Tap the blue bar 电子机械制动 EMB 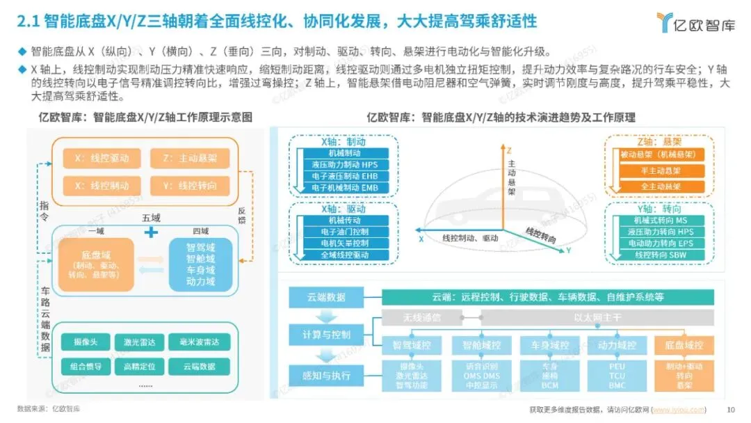tap(344, 187)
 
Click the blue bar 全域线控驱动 tap(344, 255)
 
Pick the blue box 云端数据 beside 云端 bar tap(327, 298)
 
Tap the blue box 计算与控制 tap(327, 334)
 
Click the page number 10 tap(730, 410)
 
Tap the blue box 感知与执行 tap(327, 376)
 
